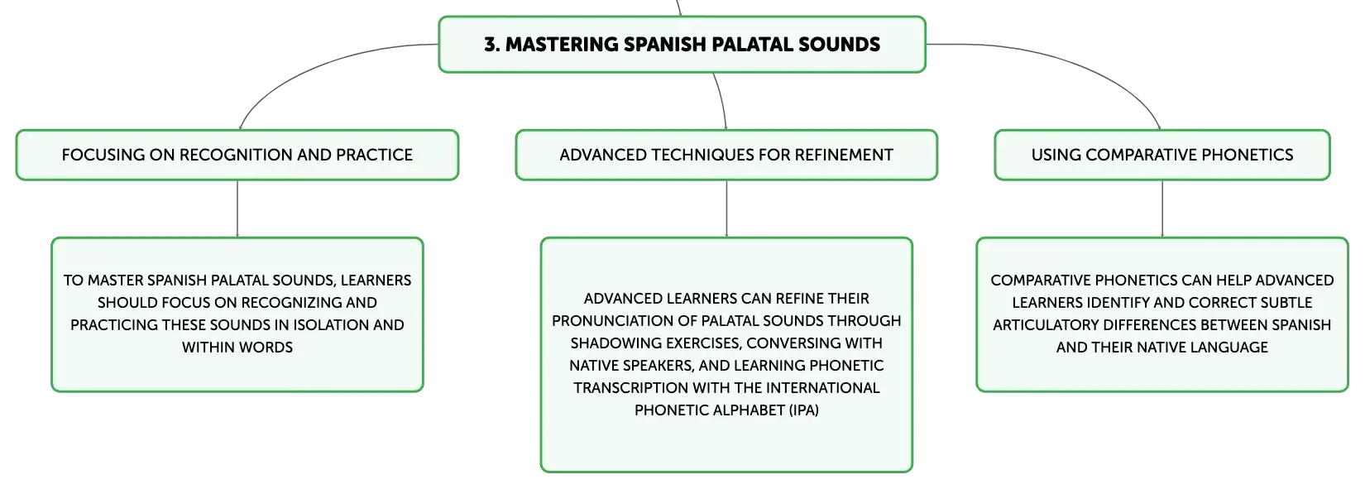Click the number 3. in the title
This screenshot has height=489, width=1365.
point(491,45)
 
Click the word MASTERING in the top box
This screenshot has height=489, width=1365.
point(562,45)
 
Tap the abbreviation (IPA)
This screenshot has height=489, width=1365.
point(803,410)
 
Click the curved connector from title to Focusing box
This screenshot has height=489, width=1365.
point(304,66)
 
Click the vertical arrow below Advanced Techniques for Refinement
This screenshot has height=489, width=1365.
point(726,209)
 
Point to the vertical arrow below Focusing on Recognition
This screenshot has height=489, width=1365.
point(237,209)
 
